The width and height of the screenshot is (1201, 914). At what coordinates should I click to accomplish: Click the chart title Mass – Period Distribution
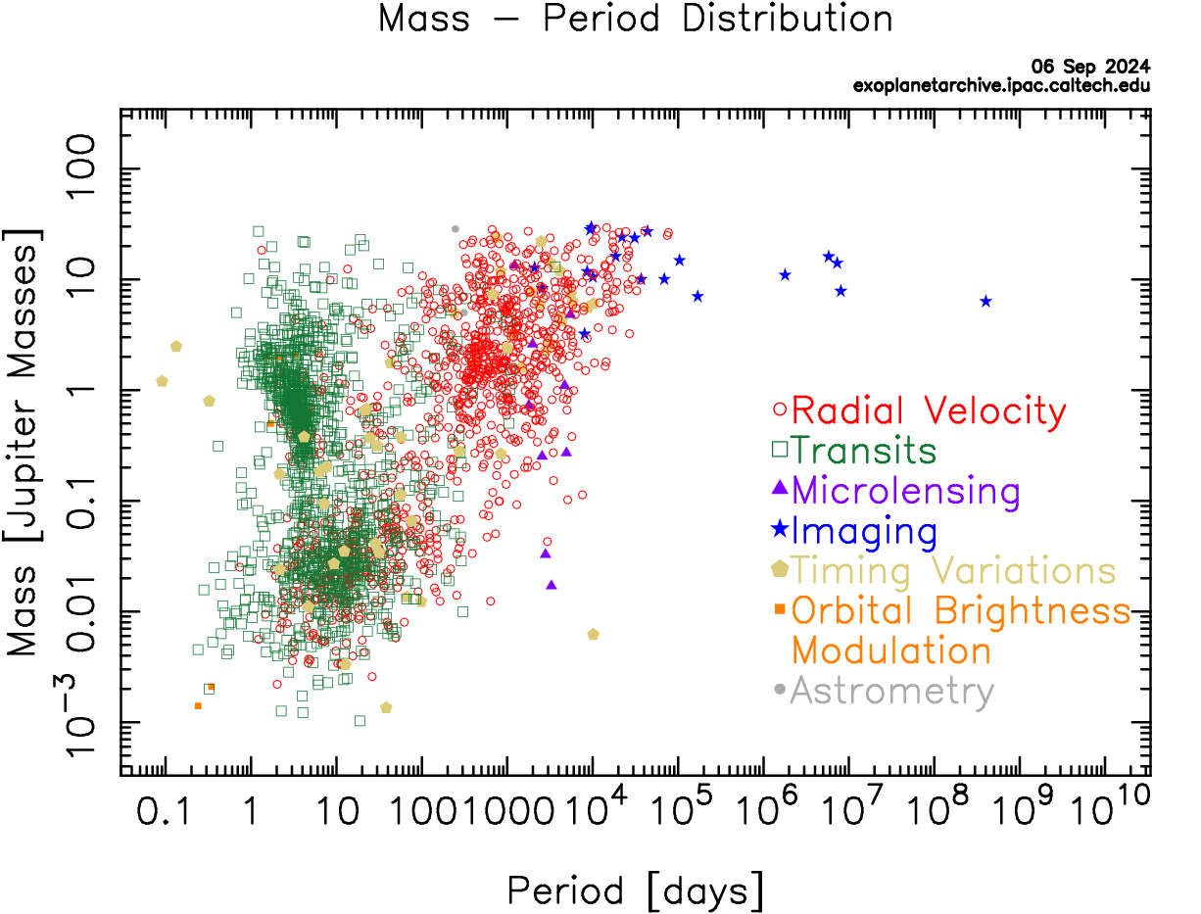tap(635, 20)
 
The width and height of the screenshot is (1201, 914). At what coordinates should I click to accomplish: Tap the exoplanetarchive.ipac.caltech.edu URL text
tap(1001, 85)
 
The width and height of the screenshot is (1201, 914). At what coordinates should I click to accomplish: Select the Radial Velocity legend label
tap(928, 411)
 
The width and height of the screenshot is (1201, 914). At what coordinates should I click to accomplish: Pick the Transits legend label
tap(864, 452)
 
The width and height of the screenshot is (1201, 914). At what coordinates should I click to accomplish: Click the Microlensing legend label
tap(905, 492)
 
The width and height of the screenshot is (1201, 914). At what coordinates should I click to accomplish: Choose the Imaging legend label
tap(864, 532)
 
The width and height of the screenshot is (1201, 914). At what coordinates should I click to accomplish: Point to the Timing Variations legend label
tap(953, 571)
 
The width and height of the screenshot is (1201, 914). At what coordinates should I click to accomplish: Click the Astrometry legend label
tap(891, 692)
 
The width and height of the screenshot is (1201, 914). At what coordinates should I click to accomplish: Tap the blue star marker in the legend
tap(780, 530)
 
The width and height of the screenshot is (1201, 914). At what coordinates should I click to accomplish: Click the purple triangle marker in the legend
tap(780, 488)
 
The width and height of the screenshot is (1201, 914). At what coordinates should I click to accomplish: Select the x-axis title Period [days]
tap(635, 891)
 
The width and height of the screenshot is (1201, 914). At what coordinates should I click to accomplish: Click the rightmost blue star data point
tap(985, 301)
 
